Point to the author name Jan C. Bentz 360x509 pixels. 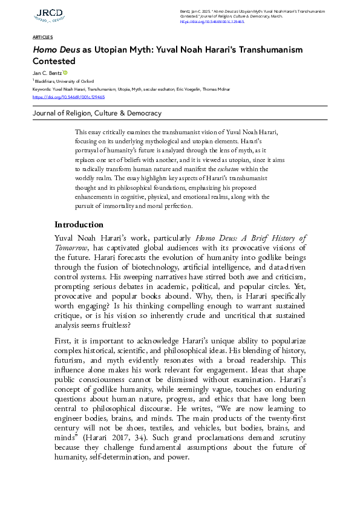(47, 73)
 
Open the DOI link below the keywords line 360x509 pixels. (68, 97)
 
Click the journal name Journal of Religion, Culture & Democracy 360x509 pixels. (97, 113)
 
